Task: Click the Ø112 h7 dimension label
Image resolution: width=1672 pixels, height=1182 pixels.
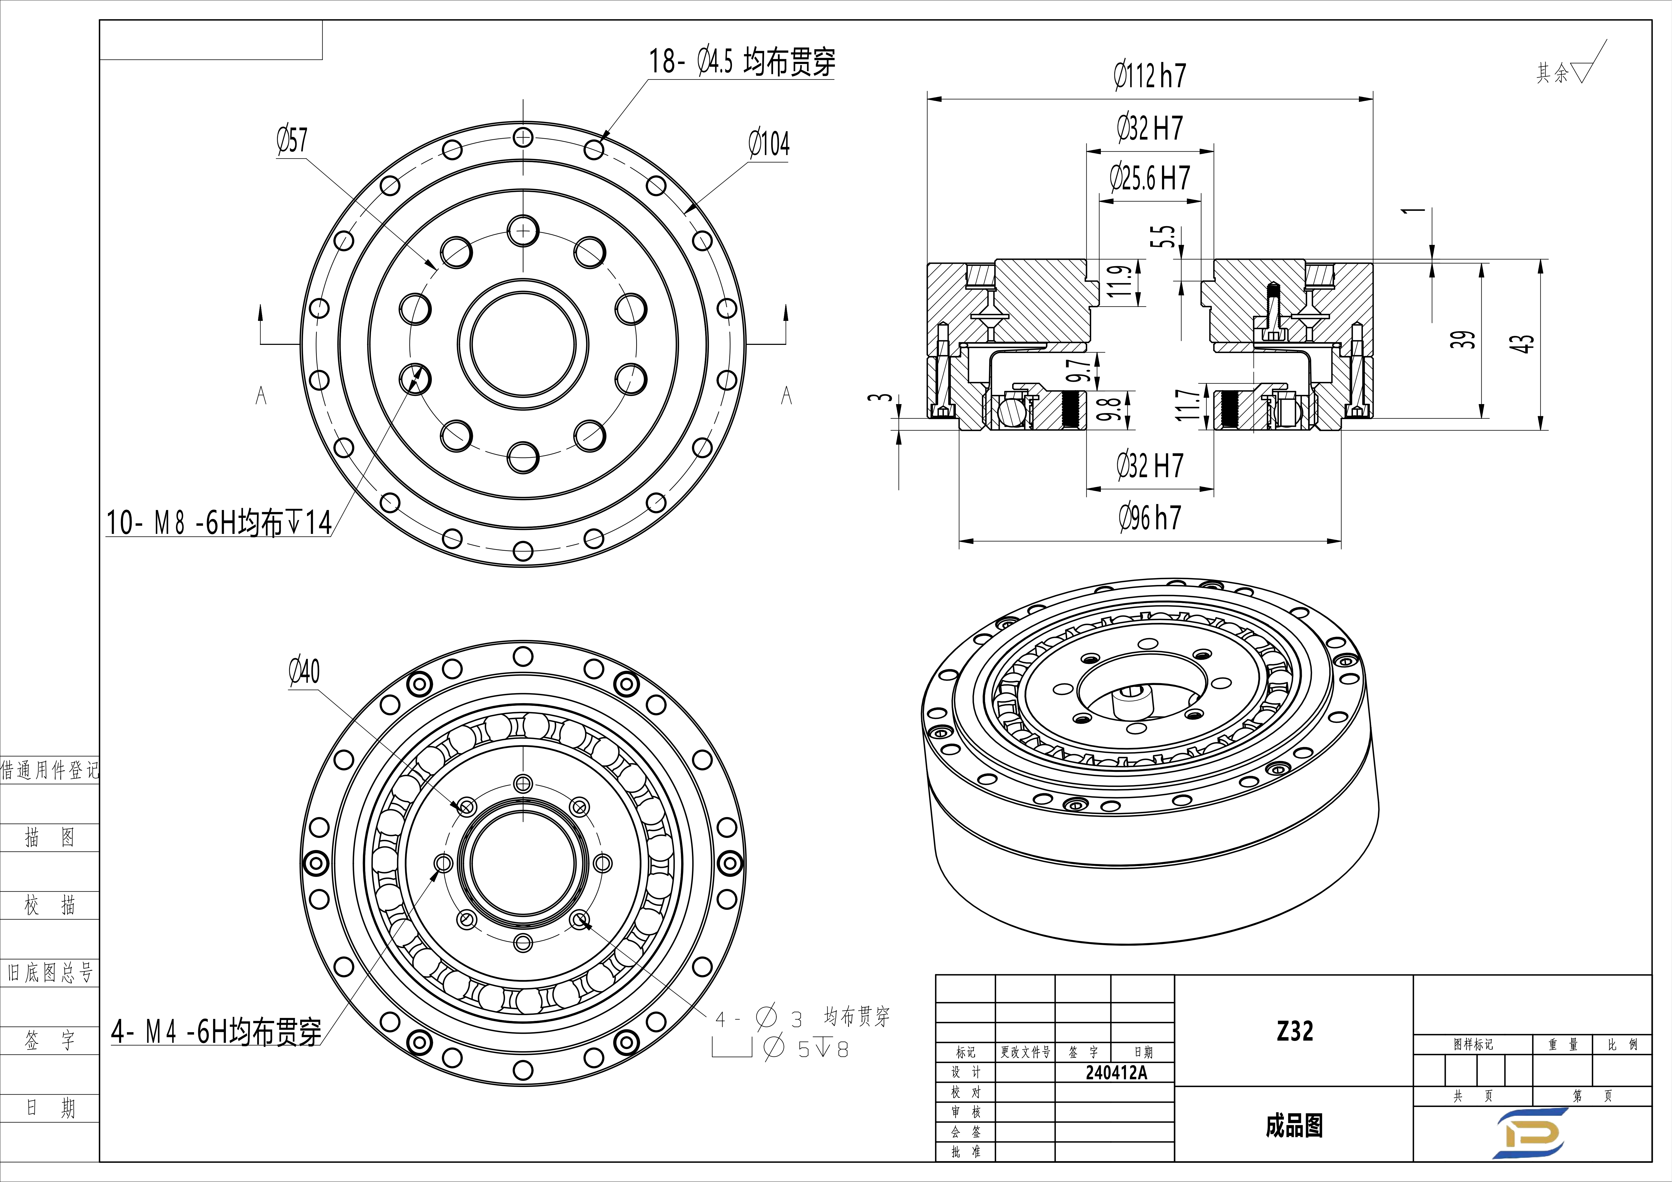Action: [x=1149, y=76]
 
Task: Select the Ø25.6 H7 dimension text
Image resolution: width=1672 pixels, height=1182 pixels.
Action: [x=1149, y=178]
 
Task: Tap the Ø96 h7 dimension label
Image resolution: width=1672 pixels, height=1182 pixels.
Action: [x=1149, y=518]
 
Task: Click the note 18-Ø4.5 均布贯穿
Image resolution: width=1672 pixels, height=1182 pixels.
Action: [x=741, y=62]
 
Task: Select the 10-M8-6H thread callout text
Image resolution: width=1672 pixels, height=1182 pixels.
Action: [x=219, y=522]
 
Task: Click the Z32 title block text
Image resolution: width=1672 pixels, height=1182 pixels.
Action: [x=1294, y=1031]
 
